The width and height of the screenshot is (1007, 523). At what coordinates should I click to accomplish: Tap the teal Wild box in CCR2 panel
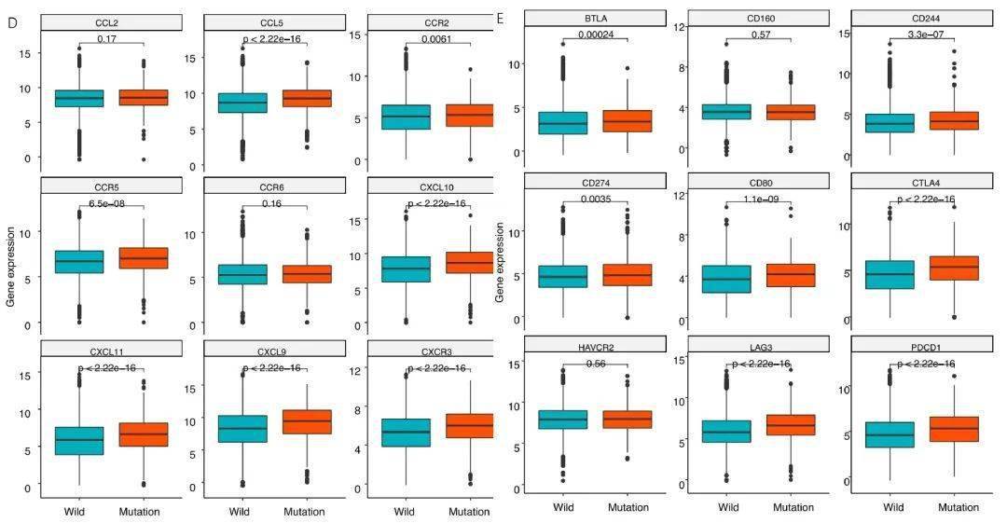coord(405,117)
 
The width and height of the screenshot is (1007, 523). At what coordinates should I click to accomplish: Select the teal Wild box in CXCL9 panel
coord(241,429)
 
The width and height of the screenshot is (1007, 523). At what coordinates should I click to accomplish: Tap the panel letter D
coord(12,21)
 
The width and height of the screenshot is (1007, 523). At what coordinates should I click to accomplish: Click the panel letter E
coord(501,18)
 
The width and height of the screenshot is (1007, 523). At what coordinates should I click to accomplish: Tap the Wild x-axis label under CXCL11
coord(76,511)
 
